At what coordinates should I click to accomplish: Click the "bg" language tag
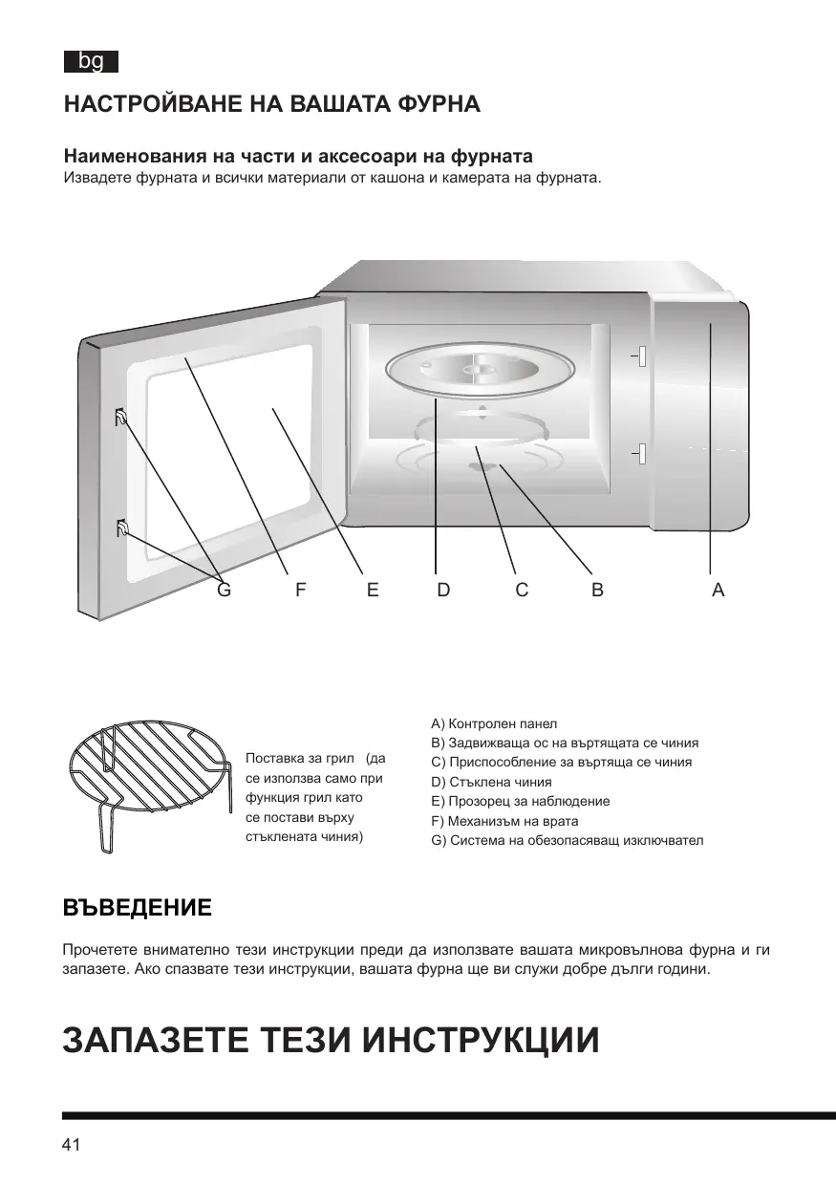click(91, 62)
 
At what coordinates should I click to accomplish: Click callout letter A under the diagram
click(718, 591)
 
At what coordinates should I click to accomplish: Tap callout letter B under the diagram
click(597, 591)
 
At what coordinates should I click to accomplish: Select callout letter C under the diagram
click(522, 591)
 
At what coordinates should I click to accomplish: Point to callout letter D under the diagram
click(443, 591)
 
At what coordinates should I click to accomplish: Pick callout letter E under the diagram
click(373, 591)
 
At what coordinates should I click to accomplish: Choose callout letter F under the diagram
click(300, 591)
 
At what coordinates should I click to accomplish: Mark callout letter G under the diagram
click(224, 591)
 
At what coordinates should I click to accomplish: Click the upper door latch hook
click(121, 417)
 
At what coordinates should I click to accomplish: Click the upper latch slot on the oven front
click(642, 356)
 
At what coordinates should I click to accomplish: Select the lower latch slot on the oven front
click(642, 454)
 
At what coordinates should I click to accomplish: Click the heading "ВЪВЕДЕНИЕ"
click(137, 908)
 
